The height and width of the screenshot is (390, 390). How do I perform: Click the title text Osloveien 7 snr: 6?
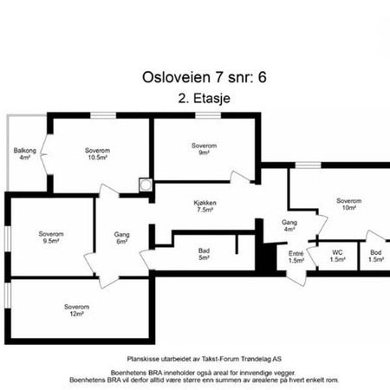click(205, 77)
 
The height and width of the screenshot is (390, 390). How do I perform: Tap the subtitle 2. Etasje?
click(205, 98)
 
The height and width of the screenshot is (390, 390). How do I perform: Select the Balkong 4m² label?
click(25, 154)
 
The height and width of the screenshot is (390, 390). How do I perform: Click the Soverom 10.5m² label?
click(97, 154)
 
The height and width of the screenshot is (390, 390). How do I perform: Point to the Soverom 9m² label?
click(204, 149)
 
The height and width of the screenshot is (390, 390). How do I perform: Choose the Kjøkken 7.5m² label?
click(205, 206)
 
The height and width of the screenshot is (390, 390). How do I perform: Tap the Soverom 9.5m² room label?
click(51, 237)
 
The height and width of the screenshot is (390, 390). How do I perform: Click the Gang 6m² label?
click(121, 237)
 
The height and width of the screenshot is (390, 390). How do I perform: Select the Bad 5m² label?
click(204, 254)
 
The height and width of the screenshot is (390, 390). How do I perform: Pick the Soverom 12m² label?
click(76, 310)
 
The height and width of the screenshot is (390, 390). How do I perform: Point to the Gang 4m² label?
click(289, 226)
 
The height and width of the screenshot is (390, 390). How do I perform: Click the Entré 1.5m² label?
click(296, 257)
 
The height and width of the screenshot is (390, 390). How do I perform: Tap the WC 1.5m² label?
click(337, 256)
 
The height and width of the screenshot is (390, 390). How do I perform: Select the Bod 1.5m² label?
click(376, 256)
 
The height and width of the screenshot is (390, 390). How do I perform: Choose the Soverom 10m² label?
click(348, 205)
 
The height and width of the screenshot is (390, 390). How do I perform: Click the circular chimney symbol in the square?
click(146, 185)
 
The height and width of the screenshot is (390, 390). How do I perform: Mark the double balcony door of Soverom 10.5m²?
click(43, 154)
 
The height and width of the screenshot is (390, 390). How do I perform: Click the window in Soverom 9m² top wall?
click(208, 115)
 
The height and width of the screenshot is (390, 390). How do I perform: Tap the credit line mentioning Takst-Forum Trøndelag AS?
click(205, 359)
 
